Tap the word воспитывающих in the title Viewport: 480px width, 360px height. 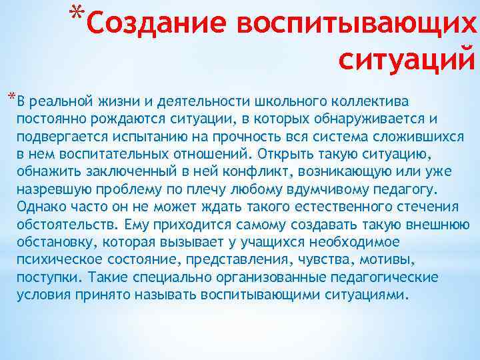(x=356, y=25)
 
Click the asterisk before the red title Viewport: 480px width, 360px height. (x=77, y=13)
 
